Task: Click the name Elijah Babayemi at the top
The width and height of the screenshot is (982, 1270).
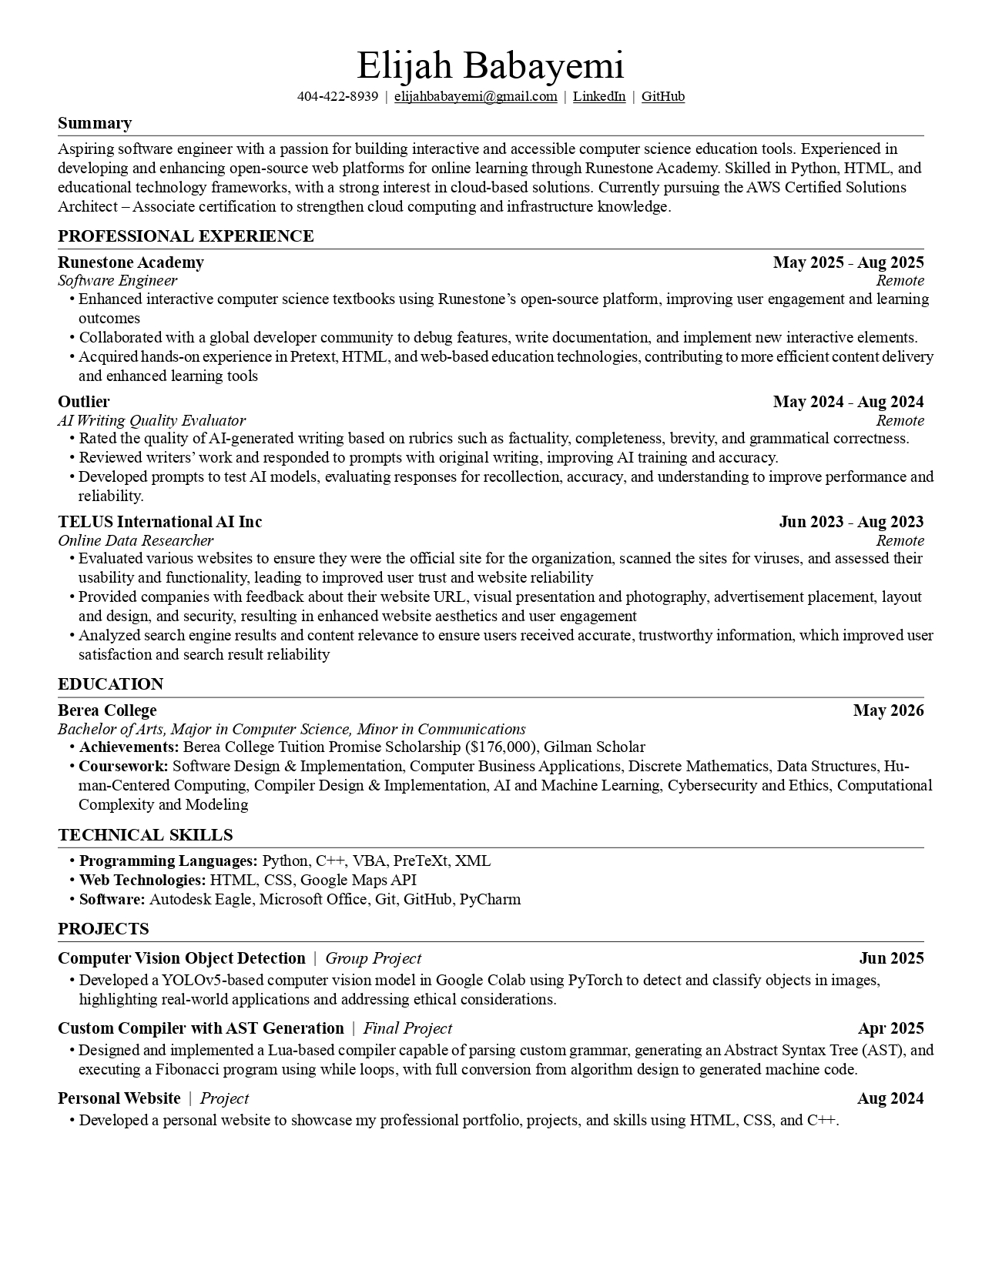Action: [x=490, y=65]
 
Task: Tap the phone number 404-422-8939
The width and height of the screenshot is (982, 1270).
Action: [x=337, y=96]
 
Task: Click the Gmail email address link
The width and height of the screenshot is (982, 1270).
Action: [x=475, y=96]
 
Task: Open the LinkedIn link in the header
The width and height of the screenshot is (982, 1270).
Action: [x=598, y=96]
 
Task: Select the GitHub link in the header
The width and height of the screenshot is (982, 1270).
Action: [x=662, y=96]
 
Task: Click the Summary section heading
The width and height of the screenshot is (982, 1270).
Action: [x=95, y=123]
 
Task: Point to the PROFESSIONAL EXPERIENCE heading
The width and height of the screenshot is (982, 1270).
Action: [x=186, y=236]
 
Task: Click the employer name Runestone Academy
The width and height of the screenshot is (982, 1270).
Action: [x=131, y=262]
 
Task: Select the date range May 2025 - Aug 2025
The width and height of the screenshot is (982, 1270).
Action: [x=848, y=262]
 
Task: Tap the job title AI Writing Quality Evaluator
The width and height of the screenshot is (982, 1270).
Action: [x=152, y=420]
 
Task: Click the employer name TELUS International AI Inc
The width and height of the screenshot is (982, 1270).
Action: [x=160, y=522]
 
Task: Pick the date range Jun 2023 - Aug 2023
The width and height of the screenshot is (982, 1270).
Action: [x=851, y=522]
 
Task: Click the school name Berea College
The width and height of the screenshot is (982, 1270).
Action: [x=107, y=710]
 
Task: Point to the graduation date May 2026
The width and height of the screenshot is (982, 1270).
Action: [x=888, y=710]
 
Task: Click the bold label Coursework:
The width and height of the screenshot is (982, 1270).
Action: [x=123, y=766]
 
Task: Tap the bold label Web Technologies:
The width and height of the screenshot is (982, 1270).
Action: [x=142, y=880]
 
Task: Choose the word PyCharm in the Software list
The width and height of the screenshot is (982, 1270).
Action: [x=490, y=899]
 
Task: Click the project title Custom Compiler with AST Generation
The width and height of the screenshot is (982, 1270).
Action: [x=201, y=1028]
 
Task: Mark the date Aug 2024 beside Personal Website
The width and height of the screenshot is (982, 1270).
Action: [x=890, y=1098]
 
